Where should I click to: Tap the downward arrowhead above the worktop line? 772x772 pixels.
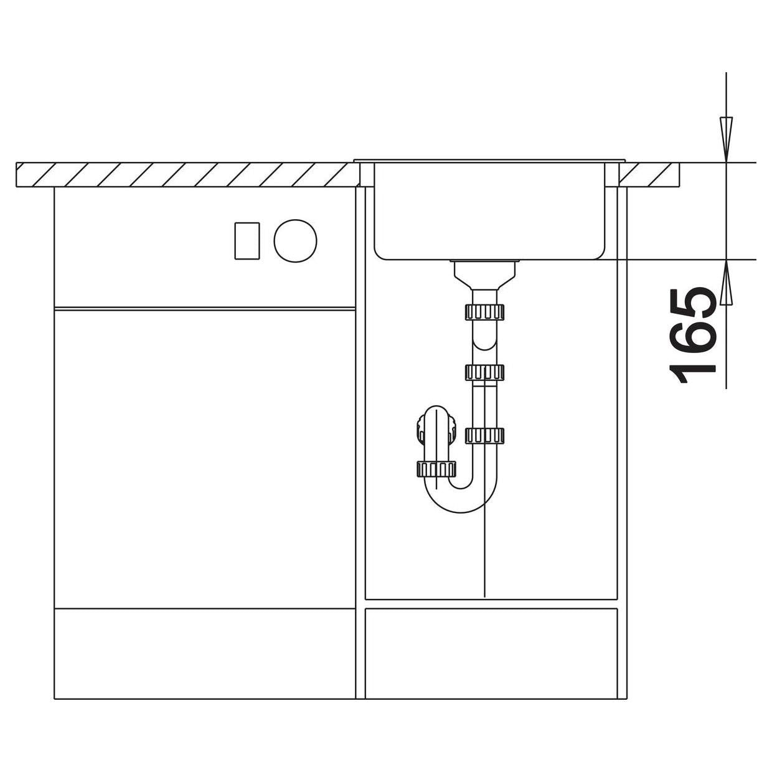tap(725, 139)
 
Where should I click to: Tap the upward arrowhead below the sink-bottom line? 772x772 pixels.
tap(725, 282)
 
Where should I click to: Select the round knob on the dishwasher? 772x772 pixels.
tap(295, 241)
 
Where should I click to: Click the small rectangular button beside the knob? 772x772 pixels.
tap(247, 241)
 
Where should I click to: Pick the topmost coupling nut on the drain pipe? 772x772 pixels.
tap(484, 312)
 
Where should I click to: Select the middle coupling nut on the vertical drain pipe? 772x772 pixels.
tap(484, 372)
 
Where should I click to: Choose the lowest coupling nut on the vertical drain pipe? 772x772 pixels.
tap(484, 436)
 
